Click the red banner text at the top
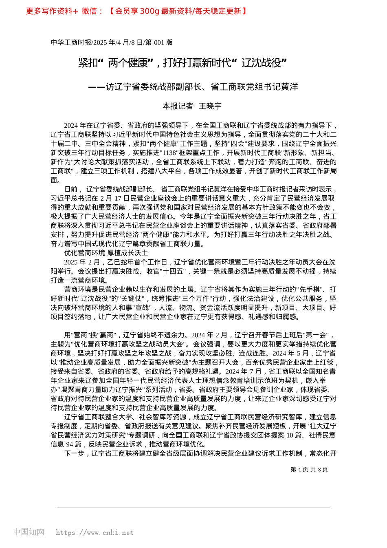136,11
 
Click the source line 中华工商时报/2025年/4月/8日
111,42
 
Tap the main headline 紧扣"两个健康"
183,63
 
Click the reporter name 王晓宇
210,106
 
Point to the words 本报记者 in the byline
178,106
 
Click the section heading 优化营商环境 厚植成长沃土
106,253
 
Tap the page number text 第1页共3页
309,469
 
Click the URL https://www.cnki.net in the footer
95,533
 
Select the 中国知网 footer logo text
29,532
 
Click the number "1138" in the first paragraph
169,153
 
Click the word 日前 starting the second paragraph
71,189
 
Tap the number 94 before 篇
70,444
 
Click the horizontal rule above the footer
193,508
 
